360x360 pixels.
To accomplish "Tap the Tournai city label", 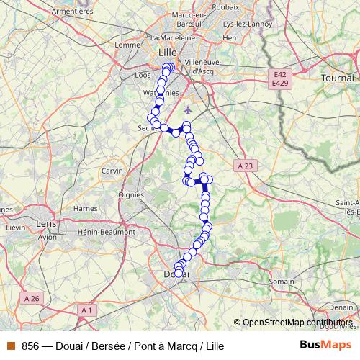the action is tap(338, 77).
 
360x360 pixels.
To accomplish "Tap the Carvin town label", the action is tap(112, 171).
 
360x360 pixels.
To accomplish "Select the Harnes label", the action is tap(86, 209).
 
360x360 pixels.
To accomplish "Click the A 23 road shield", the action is tap(245, 166).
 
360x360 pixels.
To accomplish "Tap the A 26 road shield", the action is tap(31, 298).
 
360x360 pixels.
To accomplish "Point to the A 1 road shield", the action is tap(88, 310).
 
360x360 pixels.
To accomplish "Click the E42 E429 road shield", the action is tap(280, 79).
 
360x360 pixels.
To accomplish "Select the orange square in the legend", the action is tap(11, 346).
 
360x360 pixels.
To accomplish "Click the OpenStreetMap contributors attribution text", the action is tap(297, 323).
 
